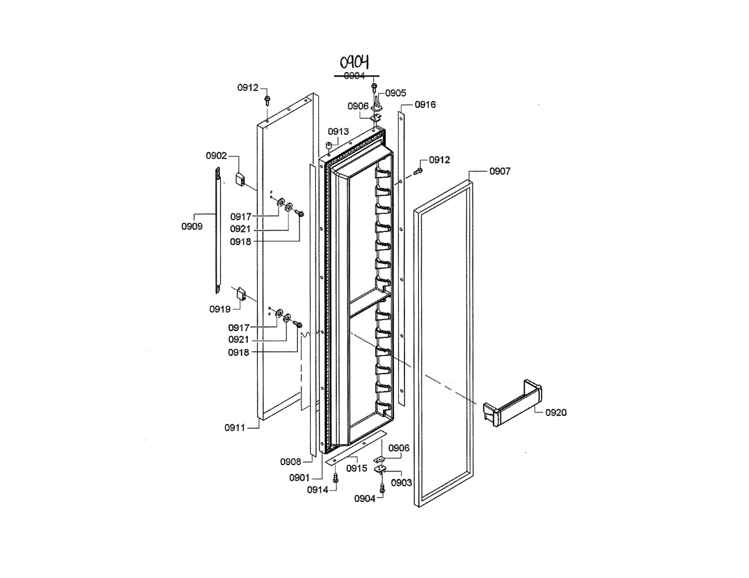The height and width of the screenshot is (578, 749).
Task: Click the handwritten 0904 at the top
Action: tap(355, 62)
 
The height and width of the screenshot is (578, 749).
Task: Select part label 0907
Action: tap(499, 171)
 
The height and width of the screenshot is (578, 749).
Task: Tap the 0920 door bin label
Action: tap(556, 412)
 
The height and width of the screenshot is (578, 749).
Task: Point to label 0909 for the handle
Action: tap(192, 226)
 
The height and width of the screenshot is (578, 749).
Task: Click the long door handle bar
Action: tap(217, 231)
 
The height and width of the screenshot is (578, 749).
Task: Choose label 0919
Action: tap(220, 309)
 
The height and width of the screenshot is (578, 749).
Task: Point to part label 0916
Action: tap(425, 105)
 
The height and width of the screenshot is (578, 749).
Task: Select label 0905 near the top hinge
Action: tap(396, 93)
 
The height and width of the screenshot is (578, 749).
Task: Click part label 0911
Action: tap(235, 427)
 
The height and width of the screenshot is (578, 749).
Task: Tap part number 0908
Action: tap(290, 461)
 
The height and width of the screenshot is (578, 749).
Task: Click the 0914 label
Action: tap(317, 490)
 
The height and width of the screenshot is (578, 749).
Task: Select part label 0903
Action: tap(401, 483)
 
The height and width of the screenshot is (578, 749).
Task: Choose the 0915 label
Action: tap(356, 468)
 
